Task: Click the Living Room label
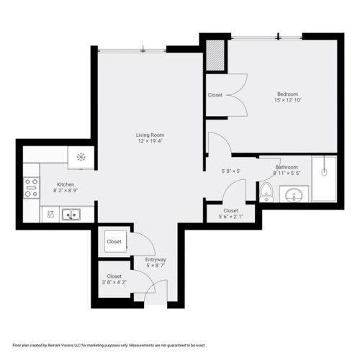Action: click(x=150, y=135)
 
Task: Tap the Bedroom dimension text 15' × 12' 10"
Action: click(x=287, y=100)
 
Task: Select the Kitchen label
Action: click(x=66, y=184)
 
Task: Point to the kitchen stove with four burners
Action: click(x=32, y=188)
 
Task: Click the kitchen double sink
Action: click(x=71, y=215)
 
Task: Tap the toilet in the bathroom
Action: click(x=266, y=192)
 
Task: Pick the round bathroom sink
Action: click(x=294, y=195)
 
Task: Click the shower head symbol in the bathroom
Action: click(x=324, y=172)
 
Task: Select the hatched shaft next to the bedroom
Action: click(x=215, y=55)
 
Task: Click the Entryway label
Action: click(x=156, y=259)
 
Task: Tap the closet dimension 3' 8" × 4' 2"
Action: click(x=114, y=282)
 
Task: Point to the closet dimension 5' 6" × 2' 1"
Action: click(x=231, y=217)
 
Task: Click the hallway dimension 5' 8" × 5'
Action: click(x=231, y=171)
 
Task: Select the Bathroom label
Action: click(x=287, y=167)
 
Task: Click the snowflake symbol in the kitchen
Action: click(x=81, y=157)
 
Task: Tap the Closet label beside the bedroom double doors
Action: click(x=215, y=95)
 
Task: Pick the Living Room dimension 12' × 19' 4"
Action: click(x=150, y=141)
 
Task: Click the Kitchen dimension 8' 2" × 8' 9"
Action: click(x=66, y=191)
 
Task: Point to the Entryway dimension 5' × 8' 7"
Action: click(x=156, y=266)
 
